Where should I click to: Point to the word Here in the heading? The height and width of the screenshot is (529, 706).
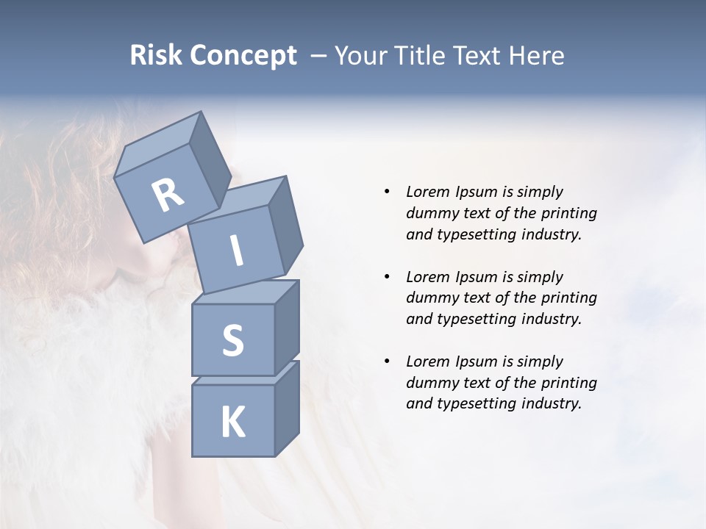538,56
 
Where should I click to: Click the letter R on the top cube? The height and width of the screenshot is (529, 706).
168,195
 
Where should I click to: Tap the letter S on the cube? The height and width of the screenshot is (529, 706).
232,341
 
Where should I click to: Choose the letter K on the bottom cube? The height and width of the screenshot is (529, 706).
232,422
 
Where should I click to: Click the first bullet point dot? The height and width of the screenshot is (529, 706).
387,192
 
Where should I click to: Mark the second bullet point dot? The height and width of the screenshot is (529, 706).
387,277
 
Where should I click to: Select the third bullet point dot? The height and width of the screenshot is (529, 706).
387,361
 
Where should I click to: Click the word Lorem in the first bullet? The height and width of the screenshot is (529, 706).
427,192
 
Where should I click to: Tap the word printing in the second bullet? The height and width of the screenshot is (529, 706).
568,298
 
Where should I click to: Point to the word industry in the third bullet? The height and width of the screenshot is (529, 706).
552,403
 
